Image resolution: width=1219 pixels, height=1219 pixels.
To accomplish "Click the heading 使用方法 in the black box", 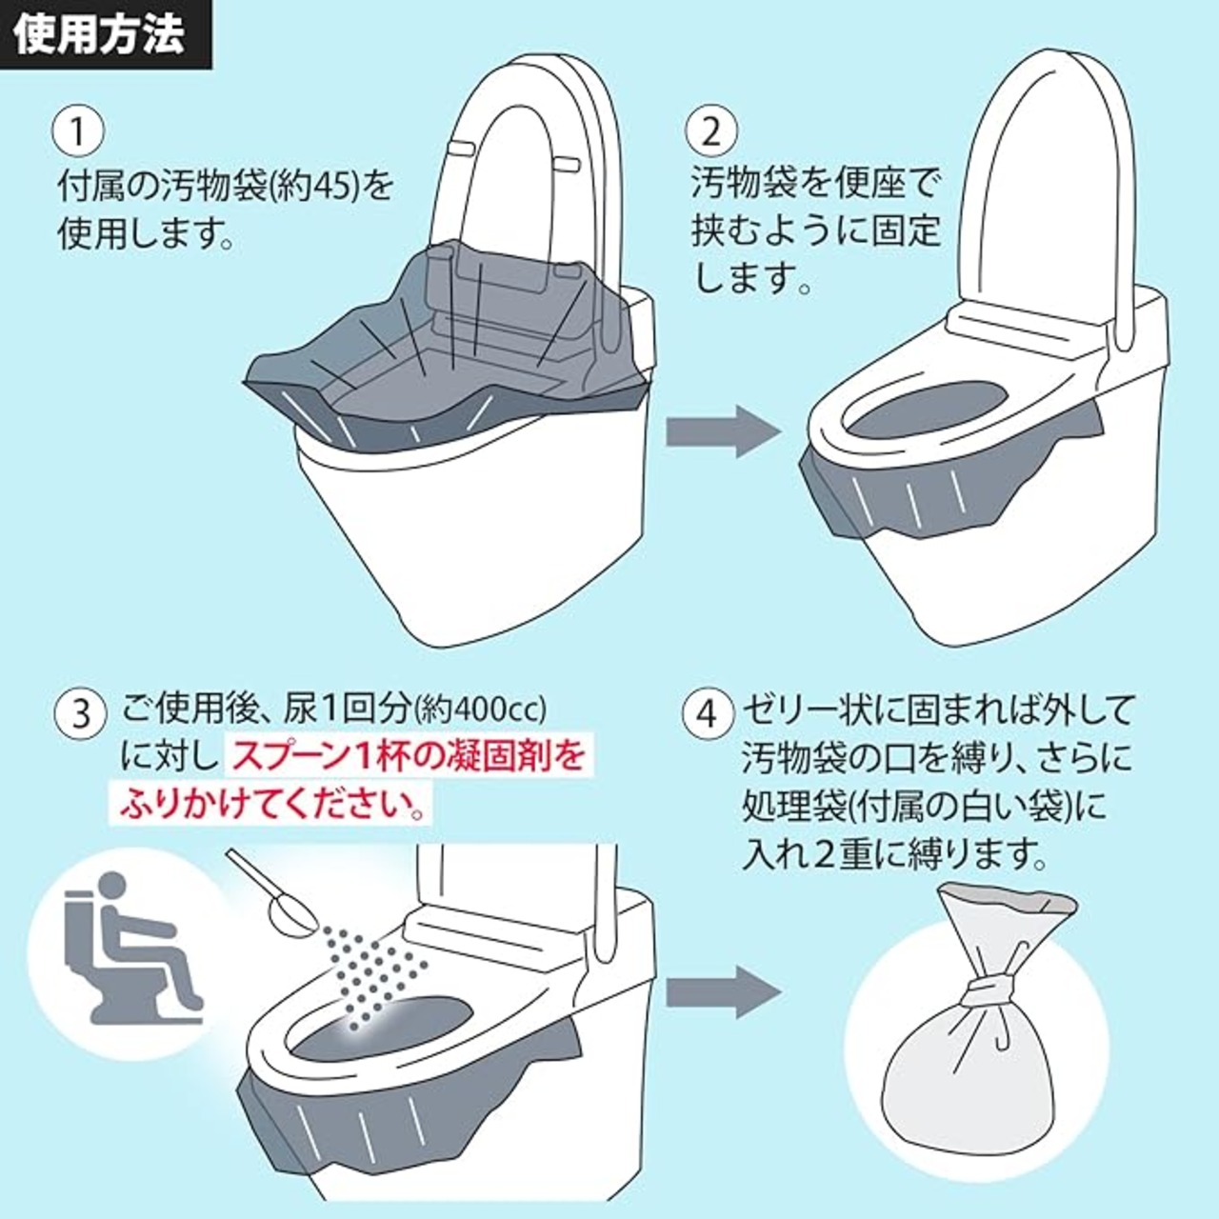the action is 99,35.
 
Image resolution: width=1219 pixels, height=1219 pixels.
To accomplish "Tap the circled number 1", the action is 79,131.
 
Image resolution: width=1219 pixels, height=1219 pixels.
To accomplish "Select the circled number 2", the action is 711,131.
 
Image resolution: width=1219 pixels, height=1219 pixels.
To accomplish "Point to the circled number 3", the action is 79,712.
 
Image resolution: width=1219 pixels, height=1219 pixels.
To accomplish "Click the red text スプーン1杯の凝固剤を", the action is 408,757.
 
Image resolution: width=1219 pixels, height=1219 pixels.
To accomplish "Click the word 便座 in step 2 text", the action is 869,182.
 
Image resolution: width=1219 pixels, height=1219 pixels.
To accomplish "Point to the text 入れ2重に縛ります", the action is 894,854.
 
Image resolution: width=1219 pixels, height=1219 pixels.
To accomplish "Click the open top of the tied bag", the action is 1007,899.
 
